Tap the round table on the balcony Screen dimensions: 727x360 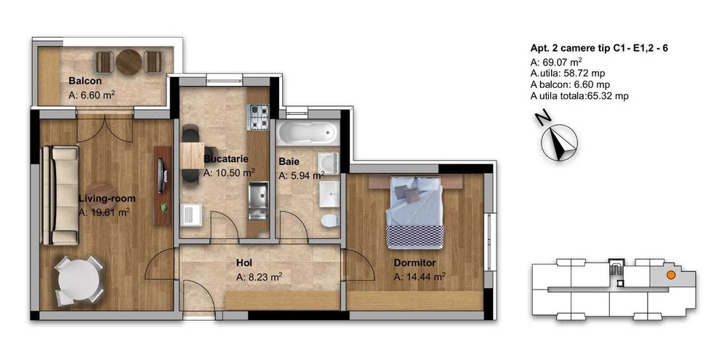(129, 62)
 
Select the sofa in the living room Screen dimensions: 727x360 (60, 196)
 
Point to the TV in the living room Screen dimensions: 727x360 (161, 176)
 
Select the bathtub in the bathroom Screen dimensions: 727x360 (308, 133)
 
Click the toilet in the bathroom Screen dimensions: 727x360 (329, 220)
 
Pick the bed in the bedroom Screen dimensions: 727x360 (415, 212)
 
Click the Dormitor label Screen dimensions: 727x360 (414, 263)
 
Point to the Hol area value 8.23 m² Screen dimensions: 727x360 (260, 277)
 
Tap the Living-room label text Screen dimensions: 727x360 (107, 199)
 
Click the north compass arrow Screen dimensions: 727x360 (560, 143)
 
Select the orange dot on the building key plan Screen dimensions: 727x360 (670, 275)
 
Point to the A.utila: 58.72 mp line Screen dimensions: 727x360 (568, 73)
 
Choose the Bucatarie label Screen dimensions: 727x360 (226, 159)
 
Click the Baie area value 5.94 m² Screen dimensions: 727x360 (302, 176)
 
